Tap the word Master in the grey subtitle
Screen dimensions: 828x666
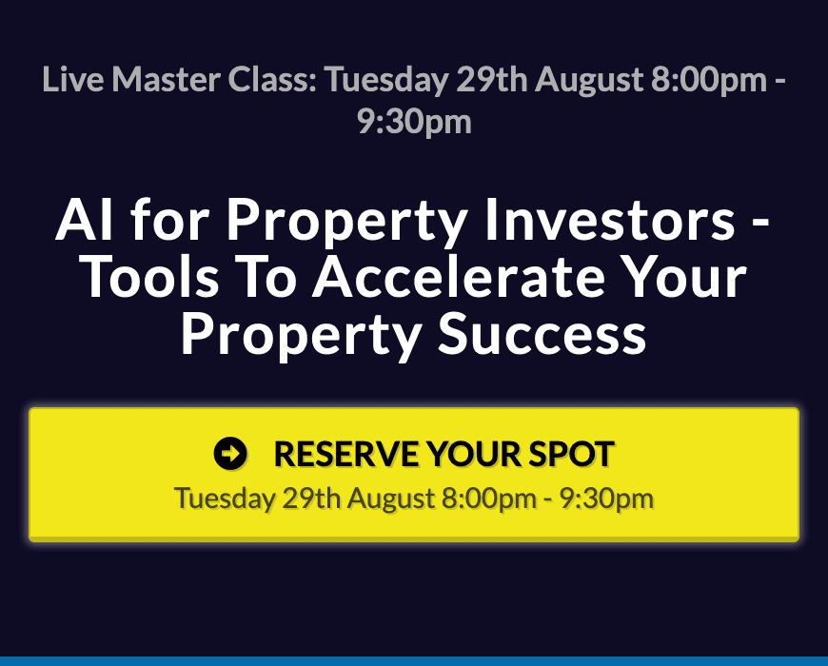tap(166, 79)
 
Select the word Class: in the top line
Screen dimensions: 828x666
tap(272, 79)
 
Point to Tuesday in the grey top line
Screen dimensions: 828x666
tap(386, 80)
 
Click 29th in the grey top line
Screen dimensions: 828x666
tap(492, 79)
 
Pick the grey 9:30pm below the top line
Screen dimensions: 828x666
tap(414, 123)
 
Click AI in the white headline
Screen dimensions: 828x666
tap(84, 220)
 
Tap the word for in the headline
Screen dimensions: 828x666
tap(170, 219)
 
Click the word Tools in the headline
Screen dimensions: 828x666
tap(151, 277)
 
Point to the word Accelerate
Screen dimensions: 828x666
tap(459, 277)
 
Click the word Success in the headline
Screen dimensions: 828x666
tap(542, 335)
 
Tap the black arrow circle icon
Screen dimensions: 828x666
tap(230, 453)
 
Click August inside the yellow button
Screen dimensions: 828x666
tap(391, 499)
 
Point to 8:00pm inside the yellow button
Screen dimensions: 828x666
tap(489, 499)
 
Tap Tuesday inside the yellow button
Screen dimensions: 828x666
tap(225, 499)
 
